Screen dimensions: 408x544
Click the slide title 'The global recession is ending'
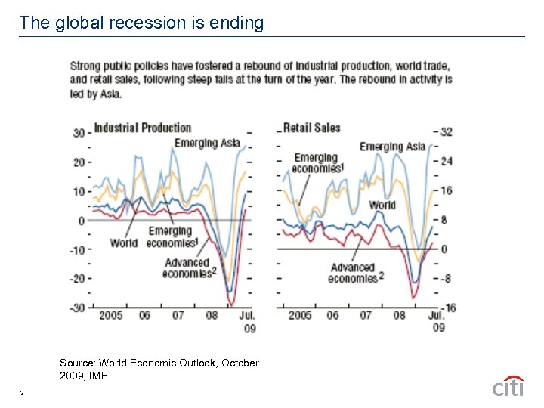141,23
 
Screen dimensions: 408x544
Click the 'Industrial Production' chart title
142,128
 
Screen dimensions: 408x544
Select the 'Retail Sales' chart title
311,128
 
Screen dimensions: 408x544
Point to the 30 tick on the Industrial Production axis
78,133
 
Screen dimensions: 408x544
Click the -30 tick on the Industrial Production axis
78,307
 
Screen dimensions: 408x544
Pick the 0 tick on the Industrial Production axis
81,221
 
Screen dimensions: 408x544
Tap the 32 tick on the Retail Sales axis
446,131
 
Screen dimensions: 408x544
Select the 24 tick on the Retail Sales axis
446,161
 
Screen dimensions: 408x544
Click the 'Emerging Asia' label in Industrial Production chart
207,143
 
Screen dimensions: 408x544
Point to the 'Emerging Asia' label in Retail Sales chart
392,146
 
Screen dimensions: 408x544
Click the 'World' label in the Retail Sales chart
382,205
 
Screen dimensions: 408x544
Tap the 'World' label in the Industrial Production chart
123,243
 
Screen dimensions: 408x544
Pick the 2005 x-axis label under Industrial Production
111,315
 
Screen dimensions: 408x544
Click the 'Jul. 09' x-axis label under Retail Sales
436,321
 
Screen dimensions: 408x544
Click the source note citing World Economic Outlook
159,369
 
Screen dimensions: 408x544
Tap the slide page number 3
23,392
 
